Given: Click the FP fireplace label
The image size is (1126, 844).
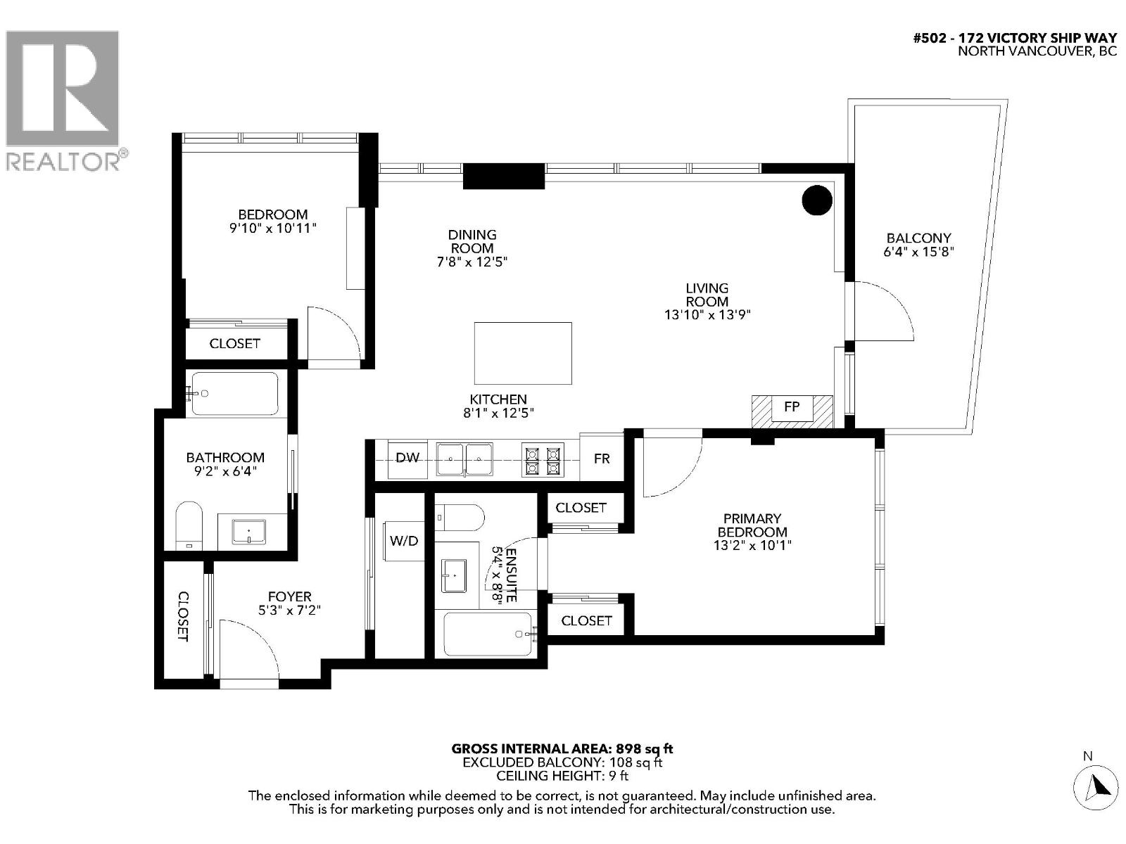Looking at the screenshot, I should [x=792, y=407].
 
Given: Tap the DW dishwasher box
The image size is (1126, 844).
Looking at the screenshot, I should [x=407, y=459].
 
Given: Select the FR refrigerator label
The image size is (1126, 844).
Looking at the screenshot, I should [x=602, y=459].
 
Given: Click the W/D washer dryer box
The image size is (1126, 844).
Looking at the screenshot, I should [x=404, y=541].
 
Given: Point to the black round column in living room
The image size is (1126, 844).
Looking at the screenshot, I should [x=817, y=200].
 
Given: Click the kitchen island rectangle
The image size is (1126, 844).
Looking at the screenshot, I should [x=523, y=353].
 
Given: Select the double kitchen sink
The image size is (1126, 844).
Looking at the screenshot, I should [x=464, y=459].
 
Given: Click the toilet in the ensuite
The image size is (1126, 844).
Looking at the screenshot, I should [x=461, y=518].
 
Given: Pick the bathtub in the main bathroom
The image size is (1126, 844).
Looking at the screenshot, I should [x=234, y=394].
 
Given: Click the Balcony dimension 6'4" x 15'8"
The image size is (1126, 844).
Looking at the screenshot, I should [x=918, y=252].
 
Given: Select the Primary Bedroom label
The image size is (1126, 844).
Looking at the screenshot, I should [x=752, y=525].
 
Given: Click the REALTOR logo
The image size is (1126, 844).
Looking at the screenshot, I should [x=63, y=98].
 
